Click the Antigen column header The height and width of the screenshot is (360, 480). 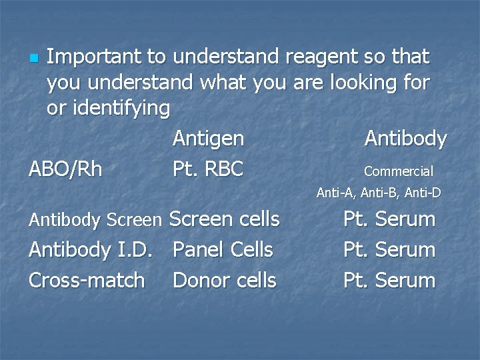[208, 139]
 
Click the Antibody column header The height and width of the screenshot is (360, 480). [405, 139]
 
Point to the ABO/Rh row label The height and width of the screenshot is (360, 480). [65, 169]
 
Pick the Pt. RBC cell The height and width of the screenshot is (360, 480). [208, 169]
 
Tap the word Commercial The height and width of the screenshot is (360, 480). [398, 171]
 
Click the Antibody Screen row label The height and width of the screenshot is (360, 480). [95, 219]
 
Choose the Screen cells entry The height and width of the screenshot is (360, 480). [225, 219]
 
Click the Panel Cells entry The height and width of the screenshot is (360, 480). [223, 250]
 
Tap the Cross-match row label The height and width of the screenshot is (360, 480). [87, 281]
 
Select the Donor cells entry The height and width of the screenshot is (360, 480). [224, 281]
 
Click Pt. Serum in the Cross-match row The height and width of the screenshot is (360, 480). [389, 281]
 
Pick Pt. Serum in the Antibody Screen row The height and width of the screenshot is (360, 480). [389, 219]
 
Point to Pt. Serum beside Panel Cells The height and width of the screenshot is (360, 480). [389, 250]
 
